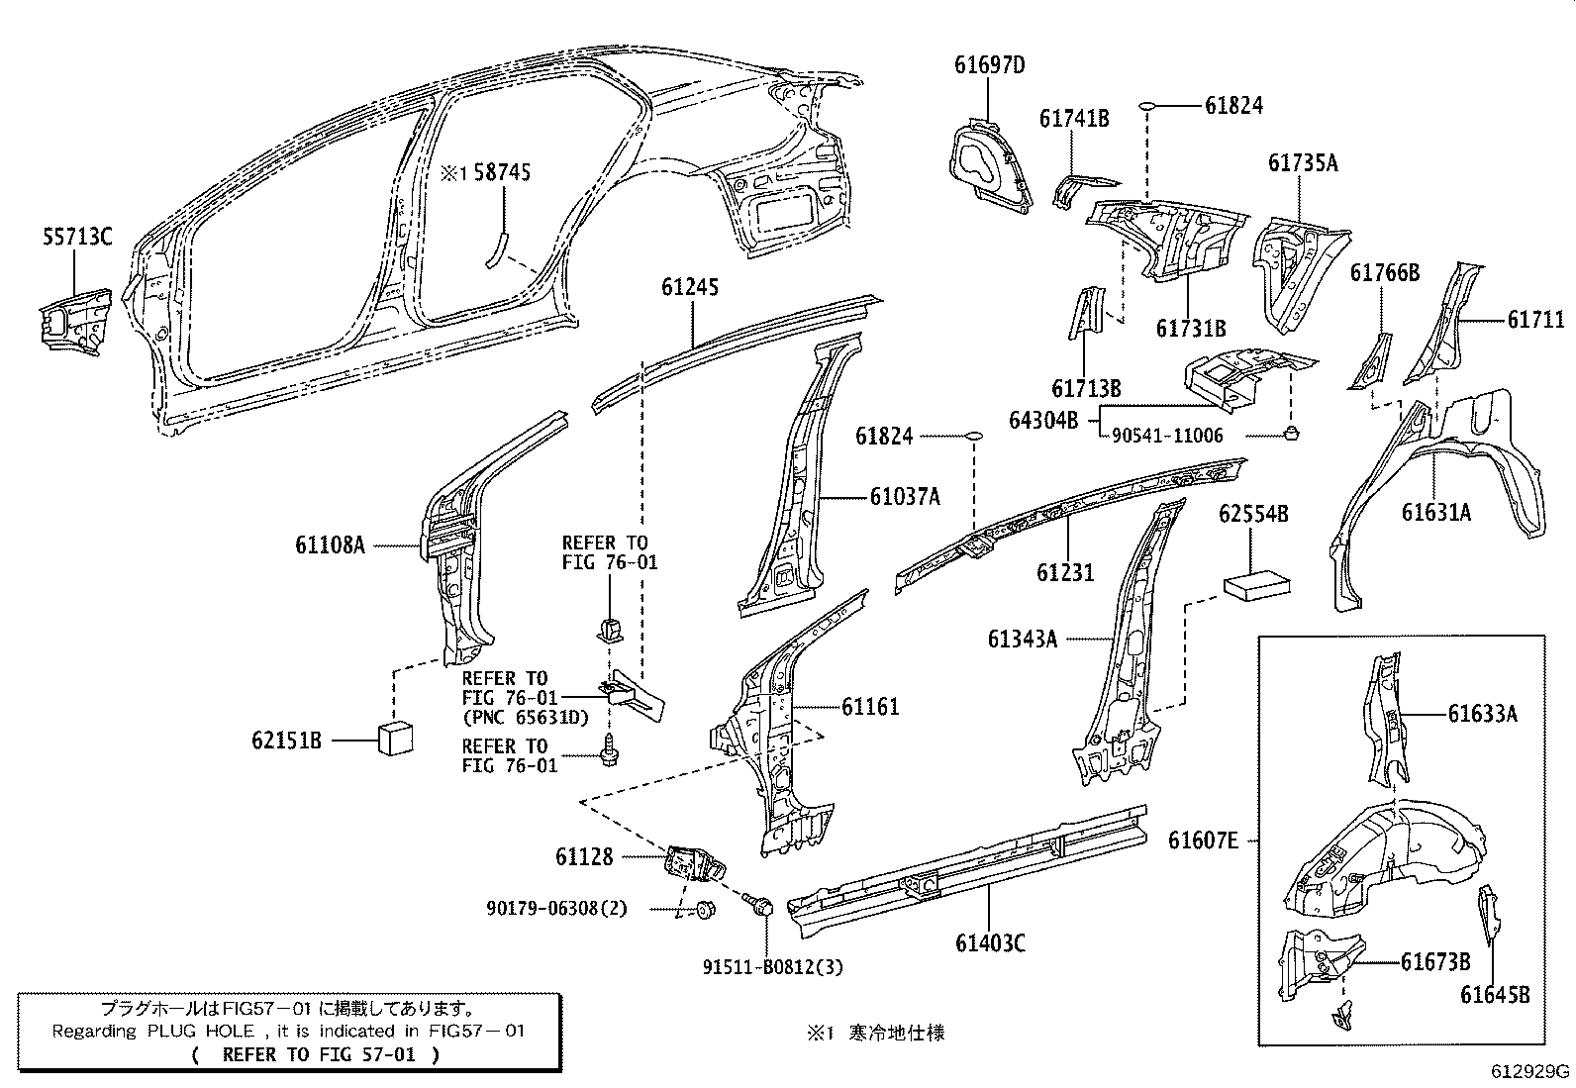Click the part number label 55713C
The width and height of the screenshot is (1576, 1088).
coord(77,237)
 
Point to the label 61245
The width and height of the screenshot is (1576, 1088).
coord(690,288)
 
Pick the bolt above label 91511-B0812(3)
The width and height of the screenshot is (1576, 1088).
coord(761,903)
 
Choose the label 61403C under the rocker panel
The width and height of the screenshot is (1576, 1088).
coord(990,943)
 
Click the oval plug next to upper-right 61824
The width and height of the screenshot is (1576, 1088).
coord(1147,105)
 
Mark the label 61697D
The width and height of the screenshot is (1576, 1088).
coord(989,65)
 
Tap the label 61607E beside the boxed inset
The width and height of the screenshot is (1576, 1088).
coord(1203,841)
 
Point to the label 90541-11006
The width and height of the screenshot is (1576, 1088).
coord(1166,436)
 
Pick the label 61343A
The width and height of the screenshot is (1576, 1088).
coord(1022,640)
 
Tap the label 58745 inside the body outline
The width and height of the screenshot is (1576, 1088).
coord(501,173)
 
